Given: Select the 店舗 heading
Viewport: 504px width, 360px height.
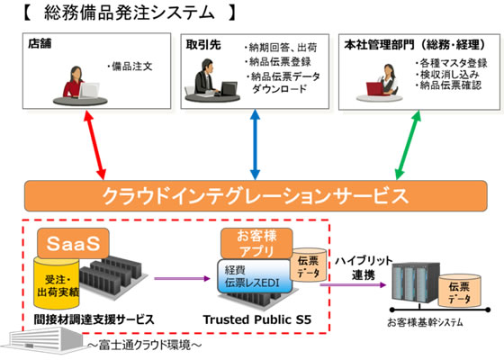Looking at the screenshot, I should [x=40, y=43].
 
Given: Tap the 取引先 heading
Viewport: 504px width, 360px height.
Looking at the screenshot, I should [x=199, y=43].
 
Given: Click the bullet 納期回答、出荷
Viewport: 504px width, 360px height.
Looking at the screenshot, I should [x=283, y=49].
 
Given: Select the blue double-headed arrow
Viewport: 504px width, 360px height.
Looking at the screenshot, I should [x=254, y=144].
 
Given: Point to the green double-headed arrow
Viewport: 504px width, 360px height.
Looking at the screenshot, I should [x=413, y=144].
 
